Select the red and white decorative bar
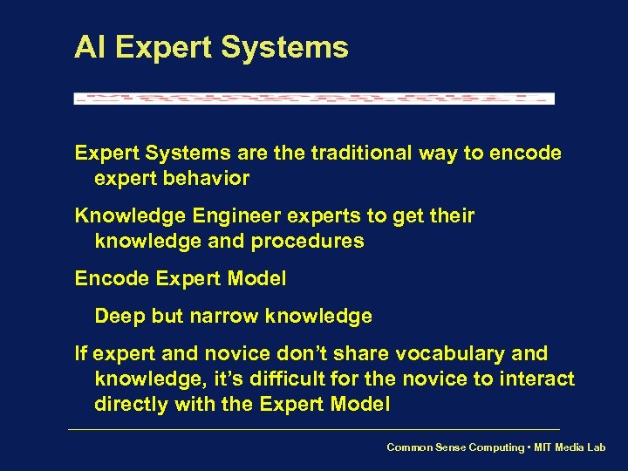(314, 99)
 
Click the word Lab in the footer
(596, 447)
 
